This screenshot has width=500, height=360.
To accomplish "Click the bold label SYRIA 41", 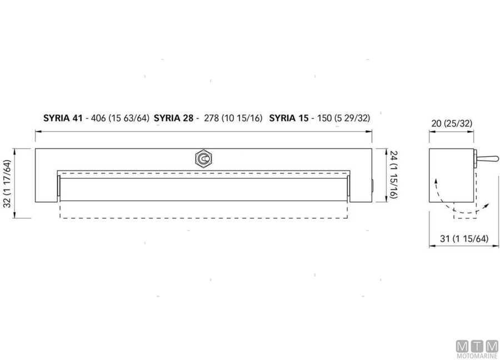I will click(x=62, y=118).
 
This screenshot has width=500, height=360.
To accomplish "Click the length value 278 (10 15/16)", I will click(x=233, y=118).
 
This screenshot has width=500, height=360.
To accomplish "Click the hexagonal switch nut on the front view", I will click(x=204, y=159).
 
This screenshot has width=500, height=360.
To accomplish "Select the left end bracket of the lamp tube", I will click(x=58, y=189).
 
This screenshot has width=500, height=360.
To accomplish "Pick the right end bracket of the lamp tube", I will click(x=348, y=189).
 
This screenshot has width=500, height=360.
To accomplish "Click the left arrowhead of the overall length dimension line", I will click(x=37, y=131).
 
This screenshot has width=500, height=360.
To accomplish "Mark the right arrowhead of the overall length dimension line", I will click(x=371, y=131).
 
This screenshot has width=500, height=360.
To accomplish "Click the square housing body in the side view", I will click(x=451, y=176).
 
